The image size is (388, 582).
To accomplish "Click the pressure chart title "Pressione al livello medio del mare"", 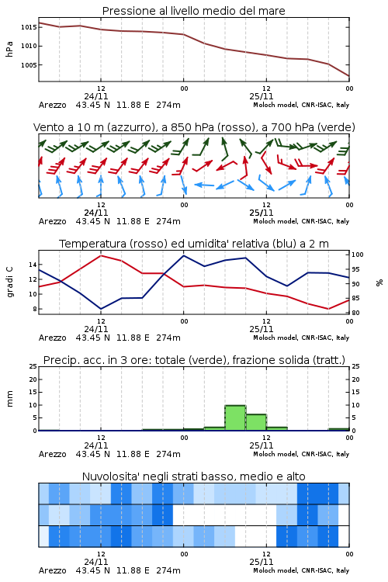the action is [193, 11].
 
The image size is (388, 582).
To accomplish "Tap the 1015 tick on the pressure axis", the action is [29, 27].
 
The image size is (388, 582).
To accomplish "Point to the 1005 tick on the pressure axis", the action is [29, 65].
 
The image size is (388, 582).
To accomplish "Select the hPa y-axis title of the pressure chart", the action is [9, 49].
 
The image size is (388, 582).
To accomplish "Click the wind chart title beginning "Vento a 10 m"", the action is [194, 127].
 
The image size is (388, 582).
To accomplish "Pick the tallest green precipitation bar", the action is [235, 417].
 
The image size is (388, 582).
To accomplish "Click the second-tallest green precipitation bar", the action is [256, 422].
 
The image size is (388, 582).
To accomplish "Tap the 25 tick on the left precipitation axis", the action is [33, 366].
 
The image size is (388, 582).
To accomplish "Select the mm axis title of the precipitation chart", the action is [9, 399].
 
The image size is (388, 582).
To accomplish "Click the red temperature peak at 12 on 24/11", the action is [101, 255].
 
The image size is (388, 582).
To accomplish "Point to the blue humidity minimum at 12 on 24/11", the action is [101, 309].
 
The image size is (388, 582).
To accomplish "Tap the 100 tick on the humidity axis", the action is [358, 255].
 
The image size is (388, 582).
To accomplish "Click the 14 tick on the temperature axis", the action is [33, 265].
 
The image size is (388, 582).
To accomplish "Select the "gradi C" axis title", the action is [10, 282].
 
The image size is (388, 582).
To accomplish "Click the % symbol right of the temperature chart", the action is [379, 282].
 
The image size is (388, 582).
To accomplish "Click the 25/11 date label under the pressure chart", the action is [262, 96].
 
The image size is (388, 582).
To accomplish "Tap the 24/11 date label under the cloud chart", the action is [96, 562].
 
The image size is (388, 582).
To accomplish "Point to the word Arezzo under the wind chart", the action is [52, 222].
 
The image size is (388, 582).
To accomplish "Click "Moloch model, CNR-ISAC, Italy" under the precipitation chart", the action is [301, 454].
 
